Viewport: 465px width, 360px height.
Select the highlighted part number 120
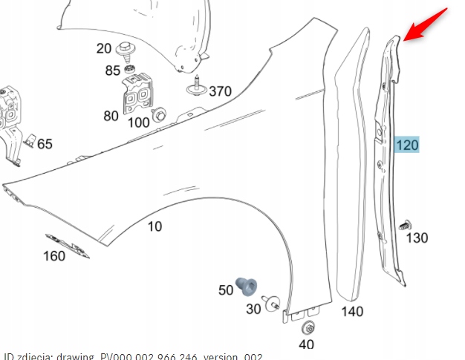coord(407,145)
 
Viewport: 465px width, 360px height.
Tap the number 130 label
coord(417,238)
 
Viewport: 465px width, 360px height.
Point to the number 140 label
coord(352,312)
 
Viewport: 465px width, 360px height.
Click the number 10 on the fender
coord(154,226)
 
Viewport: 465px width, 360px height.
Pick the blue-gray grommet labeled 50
coord(246,284)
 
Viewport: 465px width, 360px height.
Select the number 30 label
coord(253,309)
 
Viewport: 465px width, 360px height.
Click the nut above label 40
coord(306,328)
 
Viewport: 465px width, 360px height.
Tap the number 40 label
coord(305,344)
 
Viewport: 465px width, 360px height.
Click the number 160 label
coord(54,257)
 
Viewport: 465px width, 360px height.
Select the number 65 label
coord(45,143)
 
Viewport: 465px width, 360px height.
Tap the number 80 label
coord(111,116)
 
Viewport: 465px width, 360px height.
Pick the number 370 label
coord(220,92)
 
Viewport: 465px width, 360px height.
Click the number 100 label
coord(138,122)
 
